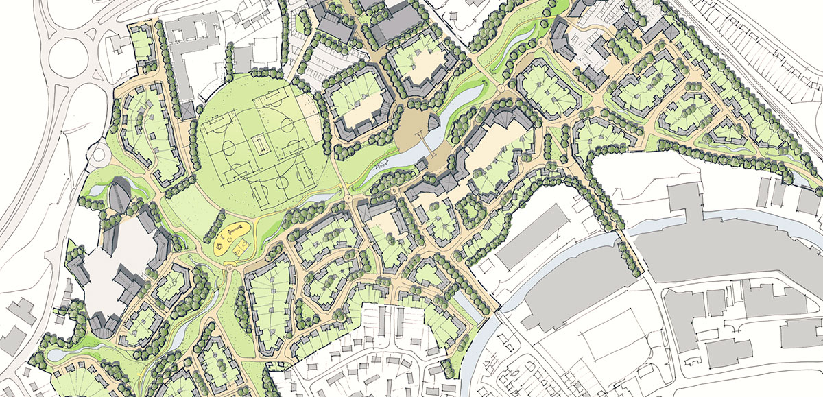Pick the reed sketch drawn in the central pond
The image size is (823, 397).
(381, 165)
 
